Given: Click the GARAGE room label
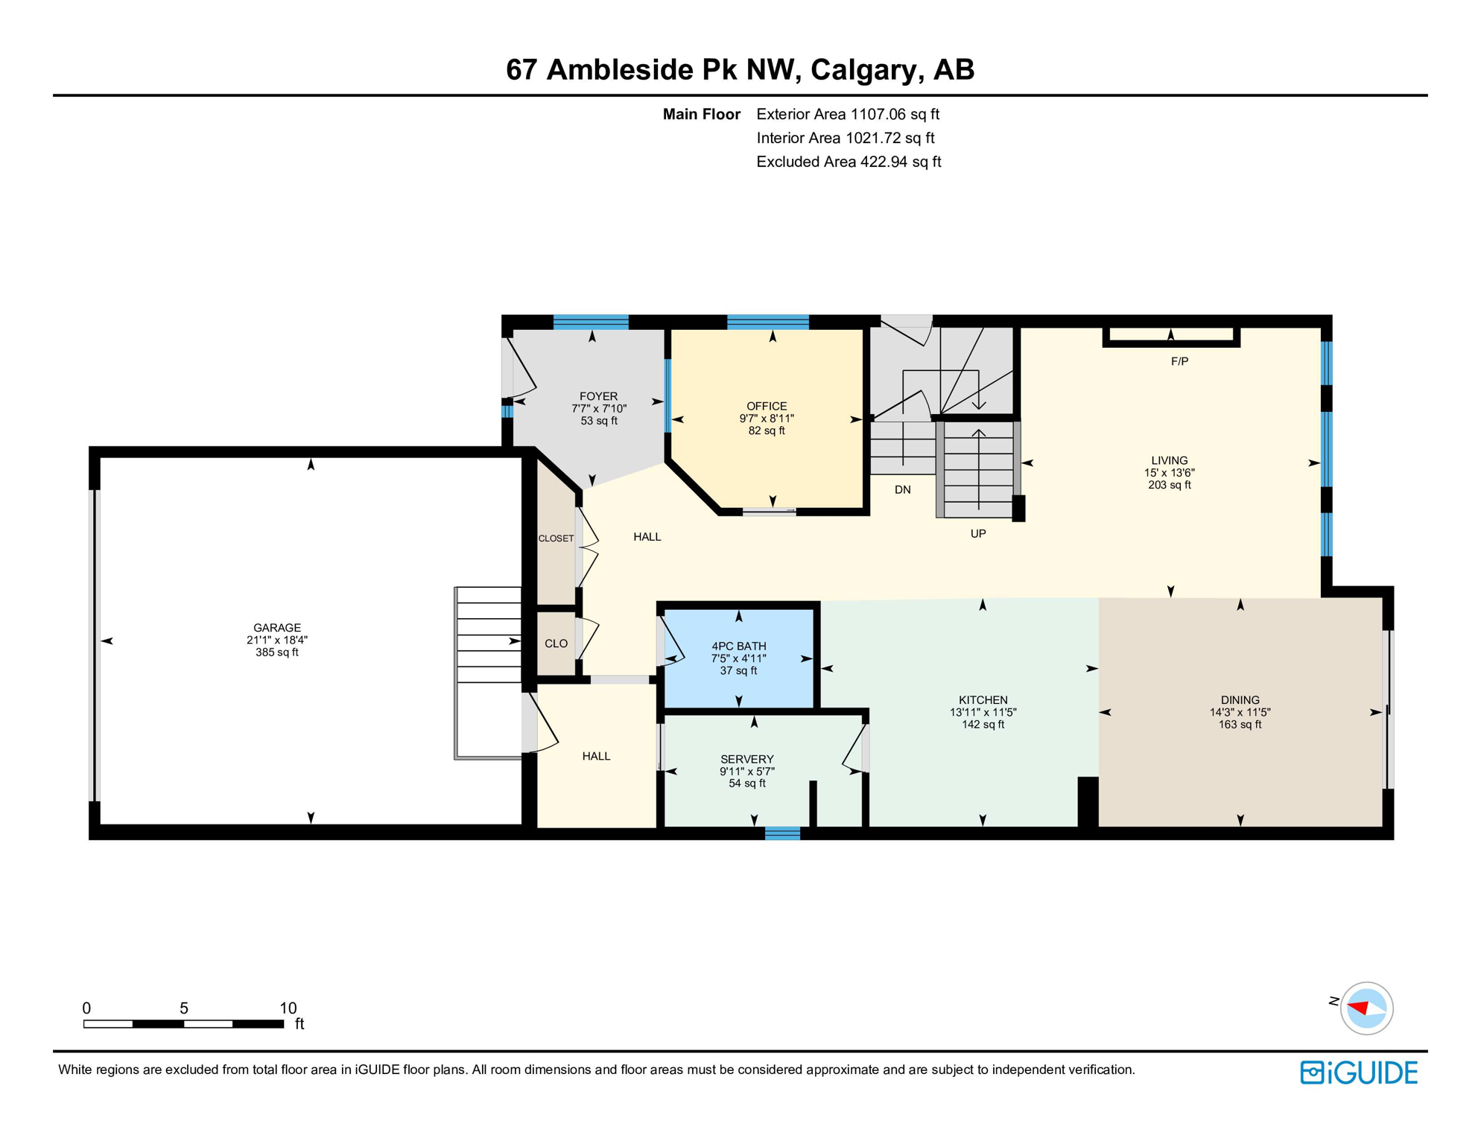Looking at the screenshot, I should tap(276, 628).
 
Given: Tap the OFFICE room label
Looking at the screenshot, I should tap(767, 406).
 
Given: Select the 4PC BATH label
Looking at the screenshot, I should tap(738, 646).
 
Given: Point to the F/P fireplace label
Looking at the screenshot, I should tap(1179, 362).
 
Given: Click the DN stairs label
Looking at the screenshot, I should tap(902, 490).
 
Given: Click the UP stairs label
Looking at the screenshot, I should tap(977, 534).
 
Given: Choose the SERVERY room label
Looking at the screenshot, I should tap(746, 759).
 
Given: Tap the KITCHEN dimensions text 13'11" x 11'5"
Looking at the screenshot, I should tap(983, 712).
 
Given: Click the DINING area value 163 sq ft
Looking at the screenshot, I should tap(1240, 725).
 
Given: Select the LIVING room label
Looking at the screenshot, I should tap(1169, 460).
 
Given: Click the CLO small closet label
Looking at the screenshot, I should tap(556, 643).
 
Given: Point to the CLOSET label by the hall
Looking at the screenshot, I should tap(556, 538).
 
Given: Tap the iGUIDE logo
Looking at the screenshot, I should tap(1359, 1072).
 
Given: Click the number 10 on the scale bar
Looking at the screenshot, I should tap(288, 1008).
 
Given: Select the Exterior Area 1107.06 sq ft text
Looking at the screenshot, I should tap(847, 114).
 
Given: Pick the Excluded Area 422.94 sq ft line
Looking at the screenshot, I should tap(848, 162).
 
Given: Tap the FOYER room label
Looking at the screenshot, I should tap(598, 396).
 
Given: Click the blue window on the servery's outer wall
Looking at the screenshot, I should tap(782, 833).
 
